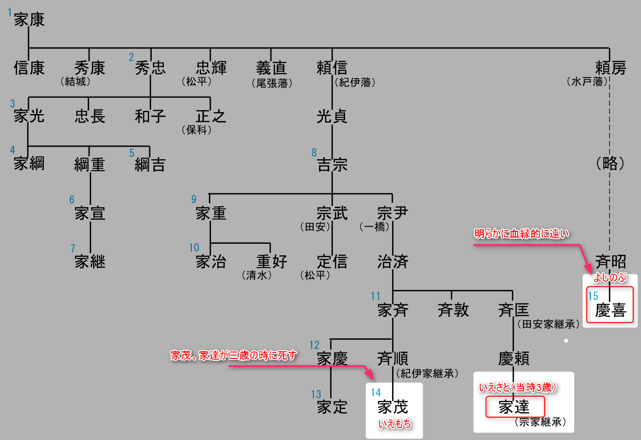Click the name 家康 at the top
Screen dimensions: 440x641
click(30, 20)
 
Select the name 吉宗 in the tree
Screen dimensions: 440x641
click(332, 165)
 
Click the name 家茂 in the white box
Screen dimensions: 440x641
click(393, 407)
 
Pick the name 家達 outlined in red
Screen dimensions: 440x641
click(514, 407)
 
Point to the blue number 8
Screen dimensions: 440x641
click(314, 152)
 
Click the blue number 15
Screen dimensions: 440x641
click(593, 296)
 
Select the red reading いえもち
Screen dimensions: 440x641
click(395, 424)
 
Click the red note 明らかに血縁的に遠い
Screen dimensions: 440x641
click(522, 234)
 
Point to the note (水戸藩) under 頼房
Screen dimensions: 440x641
click(587, 81)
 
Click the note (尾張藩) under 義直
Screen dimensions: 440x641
click(272, 83)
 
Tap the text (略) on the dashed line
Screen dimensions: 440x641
click(610, 164)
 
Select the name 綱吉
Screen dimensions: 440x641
click(150, 165)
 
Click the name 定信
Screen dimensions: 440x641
click(332, 261)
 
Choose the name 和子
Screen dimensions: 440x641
click(150, 117)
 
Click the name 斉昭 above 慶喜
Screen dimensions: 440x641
click(610, 261)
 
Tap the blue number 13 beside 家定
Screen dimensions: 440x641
click(315, 394)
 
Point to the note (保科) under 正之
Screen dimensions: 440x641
click(197, 130)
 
